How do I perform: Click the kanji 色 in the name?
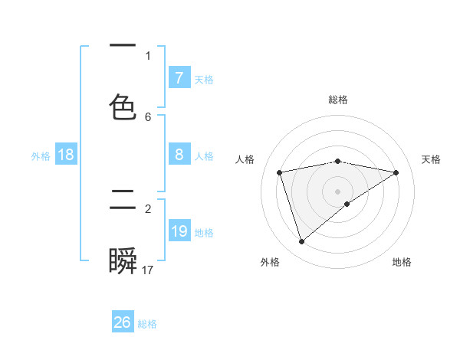123,106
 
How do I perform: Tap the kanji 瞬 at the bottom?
123,262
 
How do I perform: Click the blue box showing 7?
179,78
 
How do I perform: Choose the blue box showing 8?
179,155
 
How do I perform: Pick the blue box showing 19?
179,231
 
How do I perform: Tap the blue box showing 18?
66,155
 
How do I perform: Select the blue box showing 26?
123,322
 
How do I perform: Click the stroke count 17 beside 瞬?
148,270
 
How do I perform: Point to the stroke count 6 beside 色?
148,116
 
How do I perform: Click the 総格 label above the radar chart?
338,100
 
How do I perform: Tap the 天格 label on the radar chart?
431,159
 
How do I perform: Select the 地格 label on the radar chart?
402,262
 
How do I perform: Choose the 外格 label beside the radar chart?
270,262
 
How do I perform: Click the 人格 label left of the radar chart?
245,159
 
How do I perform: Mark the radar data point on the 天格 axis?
396,172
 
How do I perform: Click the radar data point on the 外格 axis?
301,242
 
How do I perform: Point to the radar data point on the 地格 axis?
347,204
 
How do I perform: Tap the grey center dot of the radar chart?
338,191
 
